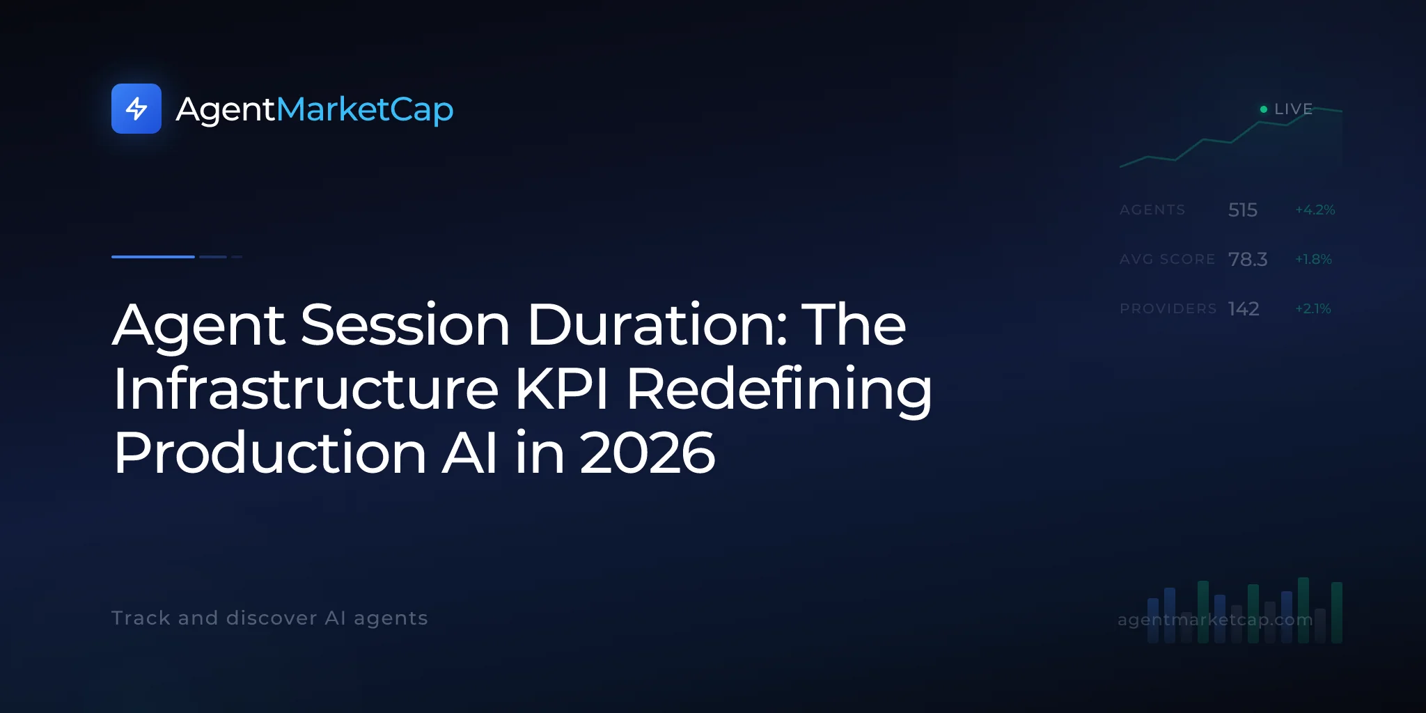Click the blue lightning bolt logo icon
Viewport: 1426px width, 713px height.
tap(136, 109)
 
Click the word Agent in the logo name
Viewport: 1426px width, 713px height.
tap(226, 110)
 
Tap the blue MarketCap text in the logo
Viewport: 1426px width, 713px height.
tap(365, 109)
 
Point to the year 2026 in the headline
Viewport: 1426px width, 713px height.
tap(648, 453)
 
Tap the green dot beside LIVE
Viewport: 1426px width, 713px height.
tap(1264, 109)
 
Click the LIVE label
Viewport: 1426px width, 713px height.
tap(1294, 109)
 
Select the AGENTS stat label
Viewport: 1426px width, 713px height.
tap(1152, 210)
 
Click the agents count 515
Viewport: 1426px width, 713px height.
tap(1243, 210)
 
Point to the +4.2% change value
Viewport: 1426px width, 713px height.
tap(1315, 210)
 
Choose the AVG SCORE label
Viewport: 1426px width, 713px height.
tap(1168, 259)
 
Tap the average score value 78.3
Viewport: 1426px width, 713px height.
tap(1248, 259)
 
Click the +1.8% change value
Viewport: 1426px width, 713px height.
tap(1313, 259)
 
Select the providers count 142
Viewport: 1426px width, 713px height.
tap(1244, 308)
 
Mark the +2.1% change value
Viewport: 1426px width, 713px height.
tap(1313, 308)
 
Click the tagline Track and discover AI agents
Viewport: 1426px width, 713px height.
tap(269, 618)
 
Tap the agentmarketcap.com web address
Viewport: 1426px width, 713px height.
tap(1215, 620)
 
